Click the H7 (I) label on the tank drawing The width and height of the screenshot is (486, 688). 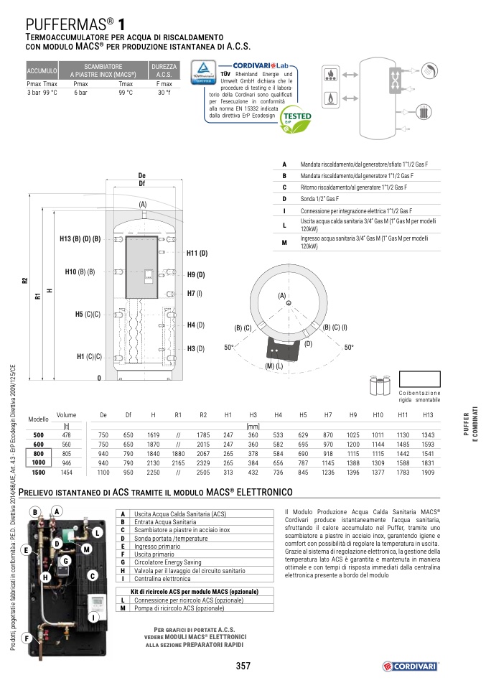195,293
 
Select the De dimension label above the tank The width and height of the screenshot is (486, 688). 141,176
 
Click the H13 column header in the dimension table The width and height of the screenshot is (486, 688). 428,415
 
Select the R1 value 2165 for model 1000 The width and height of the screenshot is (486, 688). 178,463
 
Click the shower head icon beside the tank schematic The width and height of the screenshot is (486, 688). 429,70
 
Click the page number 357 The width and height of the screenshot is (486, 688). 243,666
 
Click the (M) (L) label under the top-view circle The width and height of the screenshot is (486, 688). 274,366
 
